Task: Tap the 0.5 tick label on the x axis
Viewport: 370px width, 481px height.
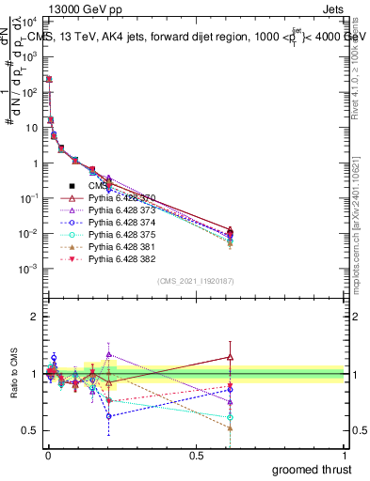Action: click(x=196, y=454)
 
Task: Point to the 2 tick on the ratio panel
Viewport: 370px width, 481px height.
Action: click(x=36, y=317)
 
